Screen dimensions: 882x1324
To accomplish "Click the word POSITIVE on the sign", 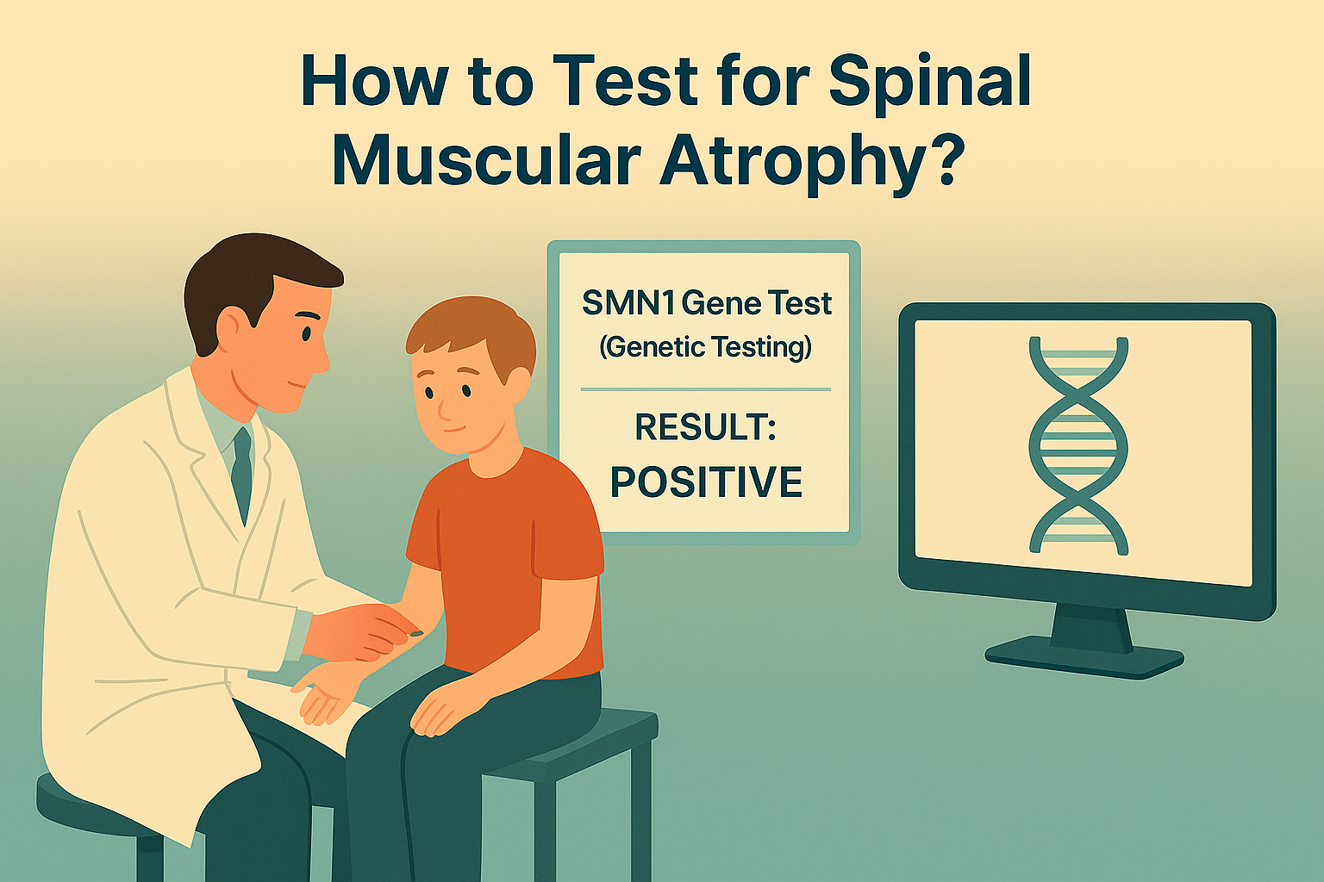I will pyautogui.click(x=706, y=481).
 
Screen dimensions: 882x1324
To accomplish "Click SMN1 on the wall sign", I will pyautogui.click(x=628, y=303).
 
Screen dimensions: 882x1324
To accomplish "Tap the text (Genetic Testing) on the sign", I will pyautogui.click(x=706, y=347).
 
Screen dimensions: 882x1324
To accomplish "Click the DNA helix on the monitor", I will pyautogui.click(x=1078, y=444).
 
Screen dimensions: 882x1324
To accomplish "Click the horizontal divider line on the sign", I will pyautogui.click(x=706, y=389).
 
